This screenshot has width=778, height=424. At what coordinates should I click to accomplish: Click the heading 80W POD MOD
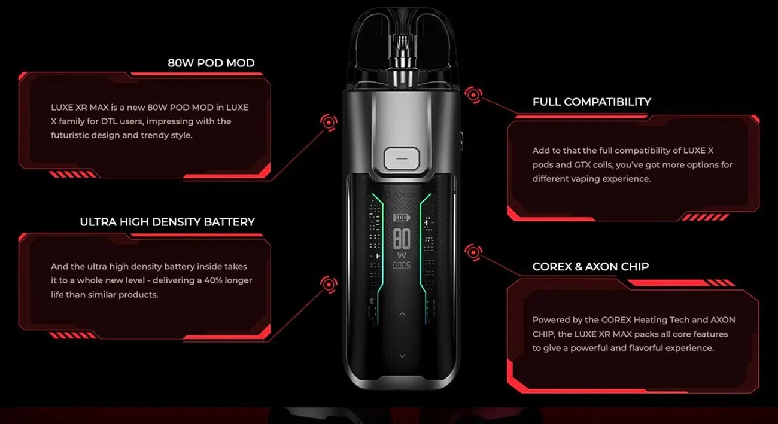click(x=211, y=63)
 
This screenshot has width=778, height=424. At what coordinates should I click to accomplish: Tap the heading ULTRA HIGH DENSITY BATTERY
click(x=167, y=222)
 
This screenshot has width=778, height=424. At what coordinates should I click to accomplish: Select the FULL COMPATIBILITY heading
click(x=591, y=102)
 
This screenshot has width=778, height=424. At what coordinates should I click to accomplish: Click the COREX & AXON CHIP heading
click(x=591, y=267)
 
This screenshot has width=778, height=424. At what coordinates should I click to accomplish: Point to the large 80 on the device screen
click(x=402, y=239)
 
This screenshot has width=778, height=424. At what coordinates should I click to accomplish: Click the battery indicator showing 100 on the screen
click(x=402, y=218)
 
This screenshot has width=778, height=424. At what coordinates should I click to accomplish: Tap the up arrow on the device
click(x=402, y=314)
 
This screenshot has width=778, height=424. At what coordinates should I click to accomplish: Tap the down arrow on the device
click(x=402, y=356)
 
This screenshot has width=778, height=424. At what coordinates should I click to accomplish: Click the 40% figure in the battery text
click(x=213, y=280)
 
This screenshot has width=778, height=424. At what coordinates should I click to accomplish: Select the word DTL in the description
click(x=110, y=121)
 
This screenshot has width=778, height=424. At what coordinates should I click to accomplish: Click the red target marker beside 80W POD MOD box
click(x=329, y=122)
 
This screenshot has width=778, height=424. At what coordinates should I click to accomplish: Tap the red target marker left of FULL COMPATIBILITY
click(x=473, y=94)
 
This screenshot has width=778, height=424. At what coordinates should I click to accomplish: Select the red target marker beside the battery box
click(x=329, y=285)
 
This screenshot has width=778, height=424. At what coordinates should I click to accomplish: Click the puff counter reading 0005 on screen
click(x=402, y=266)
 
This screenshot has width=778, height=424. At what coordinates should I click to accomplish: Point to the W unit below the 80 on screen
click(x=402, y=255)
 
